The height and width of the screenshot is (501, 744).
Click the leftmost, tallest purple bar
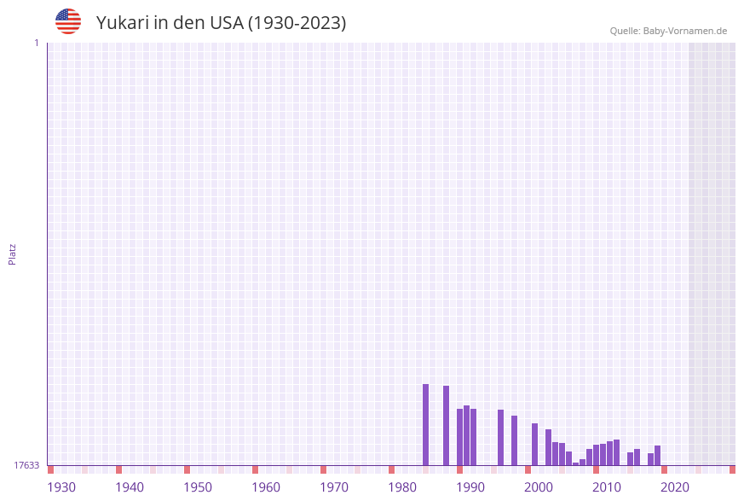coord(426,424)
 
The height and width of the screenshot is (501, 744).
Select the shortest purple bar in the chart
coord(576,463)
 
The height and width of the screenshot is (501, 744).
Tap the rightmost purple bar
coord(658,455)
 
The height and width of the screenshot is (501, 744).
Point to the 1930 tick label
coord(61,487)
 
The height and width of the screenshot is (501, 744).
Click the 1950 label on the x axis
coord(198,487)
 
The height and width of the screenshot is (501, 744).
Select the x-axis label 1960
coord(266,487)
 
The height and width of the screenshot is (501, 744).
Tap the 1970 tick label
coord(334,487)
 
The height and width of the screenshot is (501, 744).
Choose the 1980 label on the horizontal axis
coord(402,487)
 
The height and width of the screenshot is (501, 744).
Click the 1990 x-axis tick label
coord(470,487)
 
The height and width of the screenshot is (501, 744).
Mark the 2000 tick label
coord(539,487)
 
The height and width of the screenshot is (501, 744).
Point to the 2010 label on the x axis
coord(607,487)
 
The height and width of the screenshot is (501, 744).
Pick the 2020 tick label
coord(675,487)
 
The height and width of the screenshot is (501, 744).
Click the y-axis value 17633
coord(26,465)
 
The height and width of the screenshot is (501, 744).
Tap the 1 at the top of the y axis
coord(37,43)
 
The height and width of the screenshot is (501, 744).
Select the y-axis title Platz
coord(13,253)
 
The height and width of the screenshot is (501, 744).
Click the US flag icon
coord(68,21)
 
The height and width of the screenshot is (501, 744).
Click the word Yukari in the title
coord(123,23)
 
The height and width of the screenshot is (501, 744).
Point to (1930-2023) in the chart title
coord(297,23)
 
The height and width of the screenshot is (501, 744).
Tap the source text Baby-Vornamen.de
coord(685,32)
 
